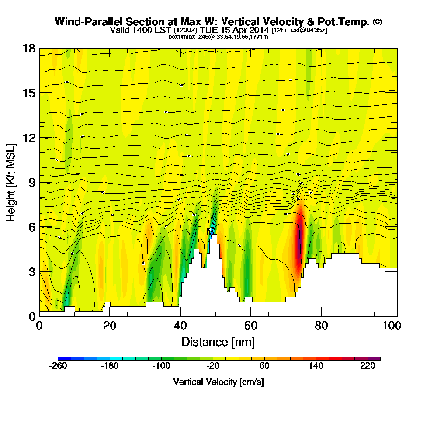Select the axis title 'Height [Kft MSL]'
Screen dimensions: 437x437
tap(11, 182)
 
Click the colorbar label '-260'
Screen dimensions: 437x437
tap(58, 367)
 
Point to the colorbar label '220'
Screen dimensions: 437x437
tap(368, 367)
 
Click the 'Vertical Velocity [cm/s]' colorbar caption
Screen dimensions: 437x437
tap(218, 382)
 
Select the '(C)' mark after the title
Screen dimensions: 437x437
tap(377, 22)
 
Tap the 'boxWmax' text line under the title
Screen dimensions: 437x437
tap(218, 37)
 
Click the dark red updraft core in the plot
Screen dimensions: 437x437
tap(299, 245)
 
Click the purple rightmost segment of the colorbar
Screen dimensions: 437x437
tap(377, 358)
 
